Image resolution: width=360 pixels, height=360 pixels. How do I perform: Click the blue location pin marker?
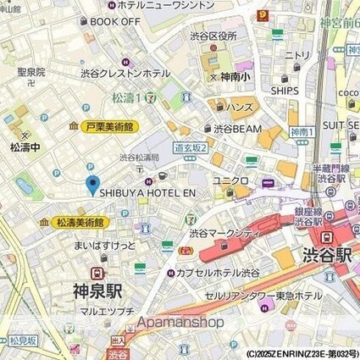[93, 185]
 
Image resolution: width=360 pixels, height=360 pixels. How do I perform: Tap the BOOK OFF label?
[115, 21]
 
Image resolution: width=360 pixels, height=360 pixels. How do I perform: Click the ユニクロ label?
[230, 180]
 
